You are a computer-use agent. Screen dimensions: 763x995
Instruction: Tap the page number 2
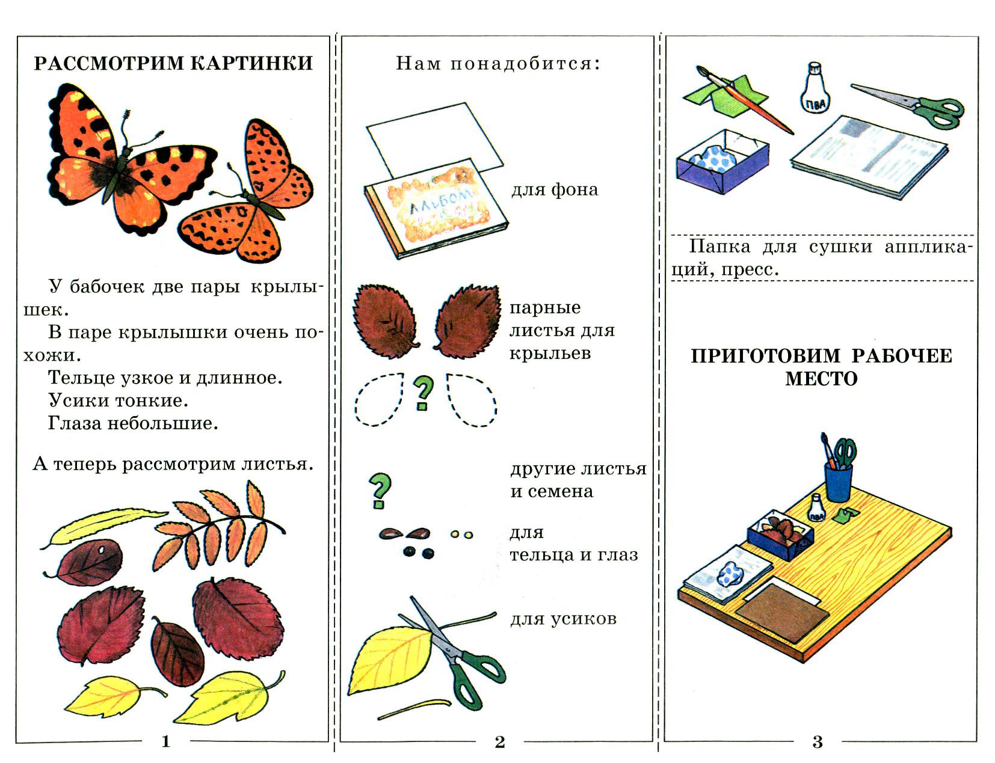500,742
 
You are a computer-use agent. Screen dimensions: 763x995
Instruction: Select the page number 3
817,742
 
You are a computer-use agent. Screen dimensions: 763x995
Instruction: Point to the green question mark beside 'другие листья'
380,490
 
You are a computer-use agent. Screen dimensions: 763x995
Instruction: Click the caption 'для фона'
555,190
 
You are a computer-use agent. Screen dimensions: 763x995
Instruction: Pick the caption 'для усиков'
563,619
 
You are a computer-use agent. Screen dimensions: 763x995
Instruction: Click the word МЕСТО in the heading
821,379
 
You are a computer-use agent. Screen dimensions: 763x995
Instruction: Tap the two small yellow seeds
461,534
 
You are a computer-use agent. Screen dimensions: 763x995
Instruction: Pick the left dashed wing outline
380,399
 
